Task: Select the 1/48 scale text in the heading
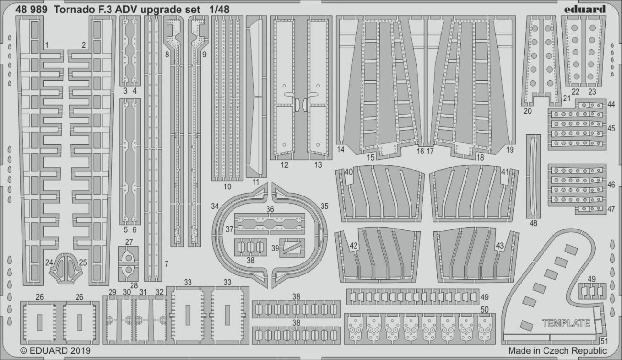point(229,9)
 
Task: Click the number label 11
point(256,182)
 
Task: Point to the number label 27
point(129,241)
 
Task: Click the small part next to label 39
point(291,247)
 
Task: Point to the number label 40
point(348,172)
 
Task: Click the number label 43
point(500,245)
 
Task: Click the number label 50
point(485,310)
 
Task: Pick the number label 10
point(227,186)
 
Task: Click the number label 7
point(166,263)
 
